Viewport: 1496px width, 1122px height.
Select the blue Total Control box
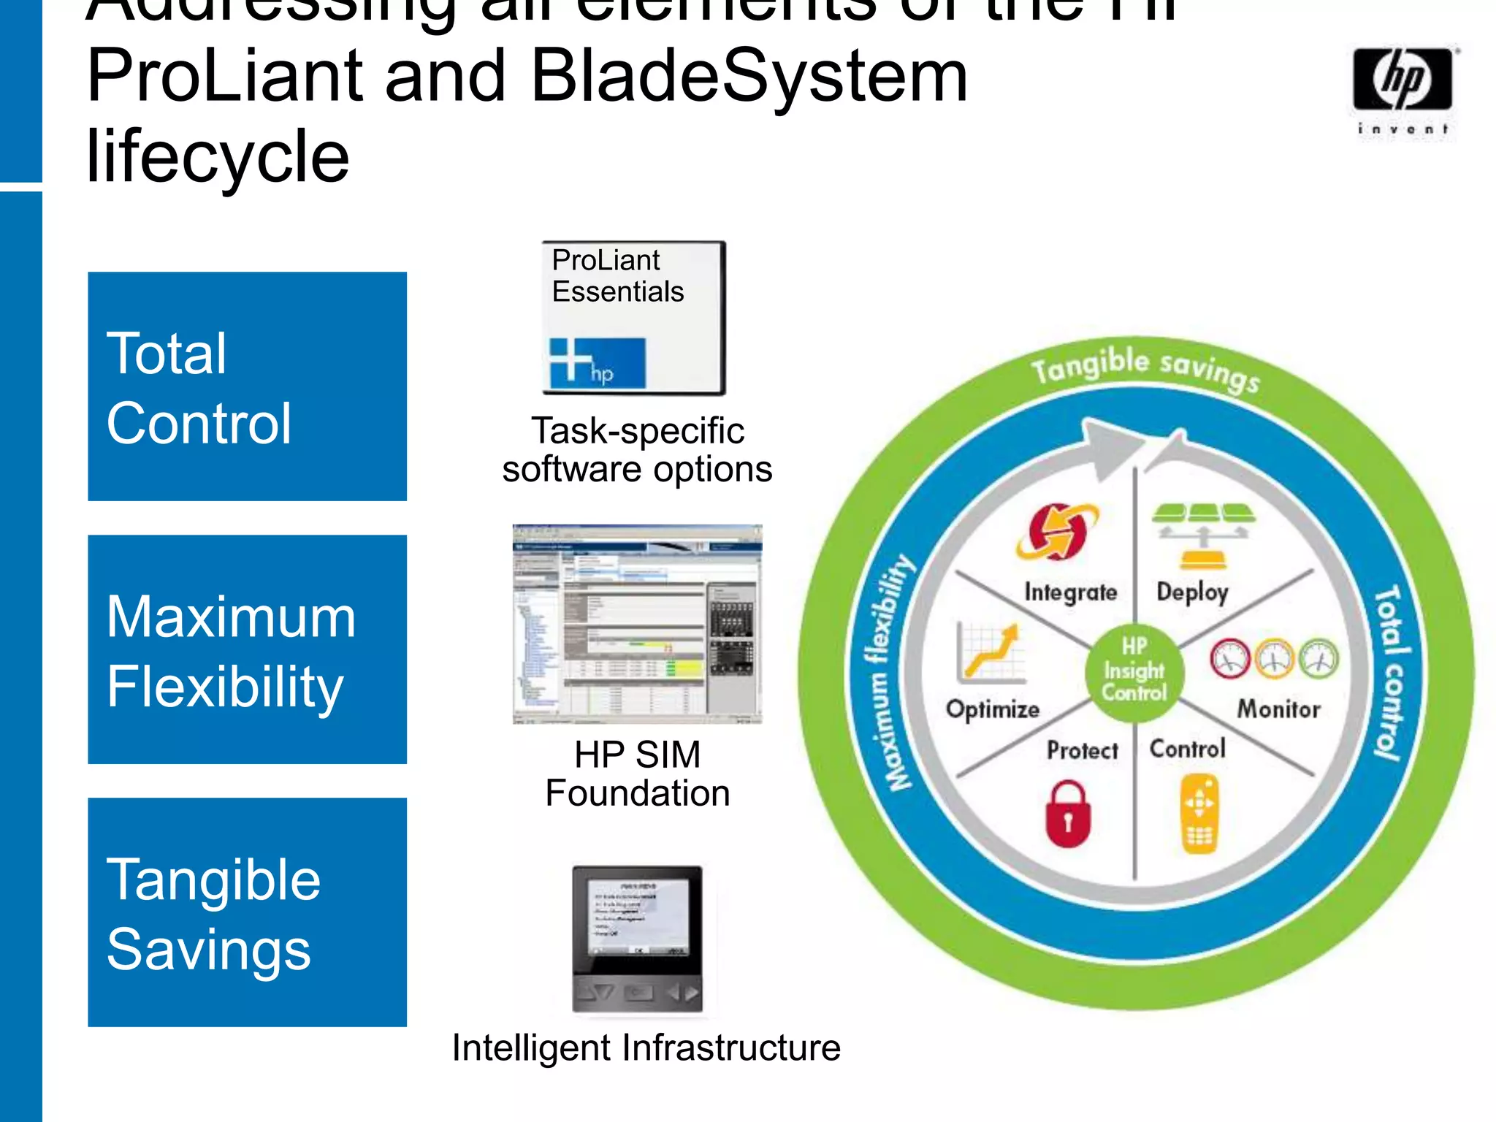point(247,386)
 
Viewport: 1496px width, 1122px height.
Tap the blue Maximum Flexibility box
point(247,649)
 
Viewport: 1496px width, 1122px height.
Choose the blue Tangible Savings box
point(247,912)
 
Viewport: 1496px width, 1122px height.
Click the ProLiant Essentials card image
point(633,318)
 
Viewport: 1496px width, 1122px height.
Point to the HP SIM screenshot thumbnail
point(637,624)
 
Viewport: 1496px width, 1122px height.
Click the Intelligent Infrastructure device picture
point(637,939)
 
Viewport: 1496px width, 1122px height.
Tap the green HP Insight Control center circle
point(1134,671)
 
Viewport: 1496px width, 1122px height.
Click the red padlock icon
point(1068,814)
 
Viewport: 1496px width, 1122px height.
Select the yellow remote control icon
point(1199,814)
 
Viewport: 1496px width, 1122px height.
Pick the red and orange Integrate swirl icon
point(1056,532)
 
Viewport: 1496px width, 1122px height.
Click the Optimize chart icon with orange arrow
point(989,652)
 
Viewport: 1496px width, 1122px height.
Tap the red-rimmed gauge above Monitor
point(1230,657)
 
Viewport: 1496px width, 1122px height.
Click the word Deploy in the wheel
point(1192,592)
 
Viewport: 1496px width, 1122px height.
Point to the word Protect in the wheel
point(1082,750)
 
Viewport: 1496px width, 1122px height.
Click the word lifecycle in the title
point(218,156)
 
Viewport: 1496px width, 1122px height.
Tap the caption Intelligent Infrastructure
point(646,1047)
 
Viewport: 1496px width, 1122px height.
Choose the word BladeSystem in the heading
point(749,76)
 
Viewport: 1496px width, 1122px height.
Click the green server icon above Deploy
point(1203,536)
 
